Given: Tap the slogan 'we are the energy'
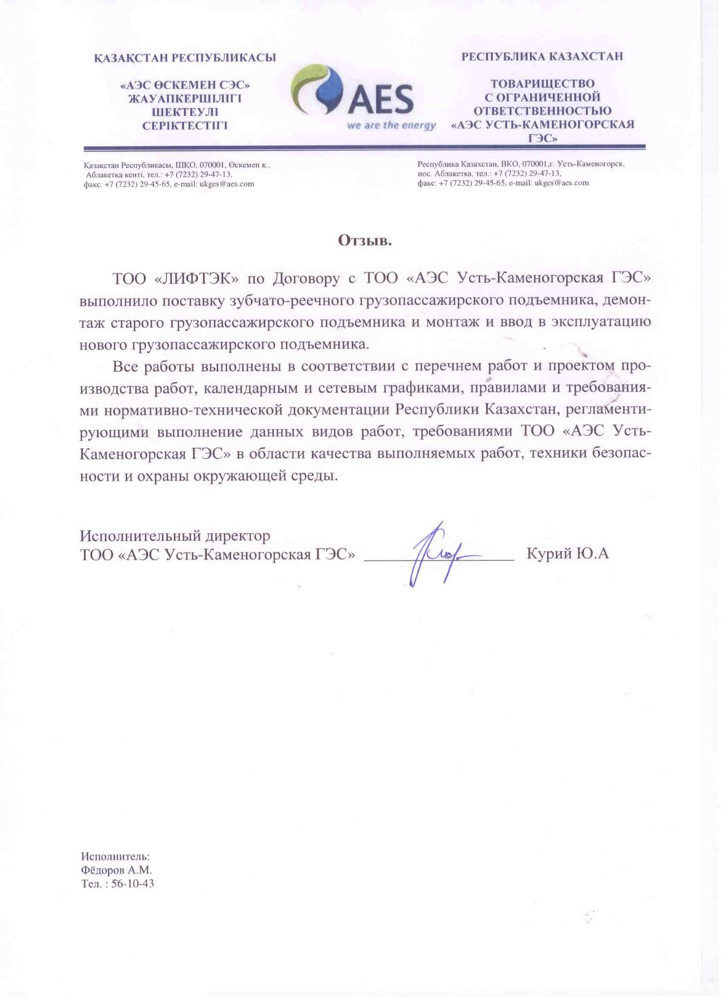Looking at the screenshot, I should (x=391, y=125).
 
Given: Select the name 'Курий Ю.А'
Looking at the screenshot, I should (x=568, y=555).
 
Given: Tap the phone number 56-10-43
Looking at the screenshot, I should (x=133, y=884).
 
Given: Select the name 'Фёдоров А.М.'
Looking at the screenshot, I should (x=117, y=870).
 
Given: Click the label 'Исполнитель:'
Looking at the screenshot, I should (x=115, y=856).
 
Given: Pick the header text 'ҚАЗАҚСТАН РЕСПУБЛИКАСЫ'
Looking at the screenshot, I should (x=185, y=57).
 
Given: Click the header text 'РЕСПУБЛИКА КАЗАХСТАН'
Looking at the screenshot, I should (x=542, y=56).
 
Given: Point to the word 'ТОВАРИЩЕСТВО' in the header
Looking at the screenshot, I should (x=542, y=83).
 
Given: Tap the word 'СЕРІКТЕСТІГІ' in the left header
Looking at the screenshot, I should (x=185, y=125).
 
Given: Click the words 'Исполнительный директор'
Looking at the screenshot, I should (x=175, y=536).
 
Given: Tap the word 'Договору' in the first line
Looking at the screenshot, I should (x=303, y=279).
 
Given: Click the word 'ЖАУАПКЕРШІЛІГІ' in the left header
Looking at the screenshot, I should (x=185, y=98).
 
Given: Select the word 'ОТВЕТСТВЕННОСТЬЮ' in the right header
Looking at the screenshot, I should (x=542, y=110).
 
